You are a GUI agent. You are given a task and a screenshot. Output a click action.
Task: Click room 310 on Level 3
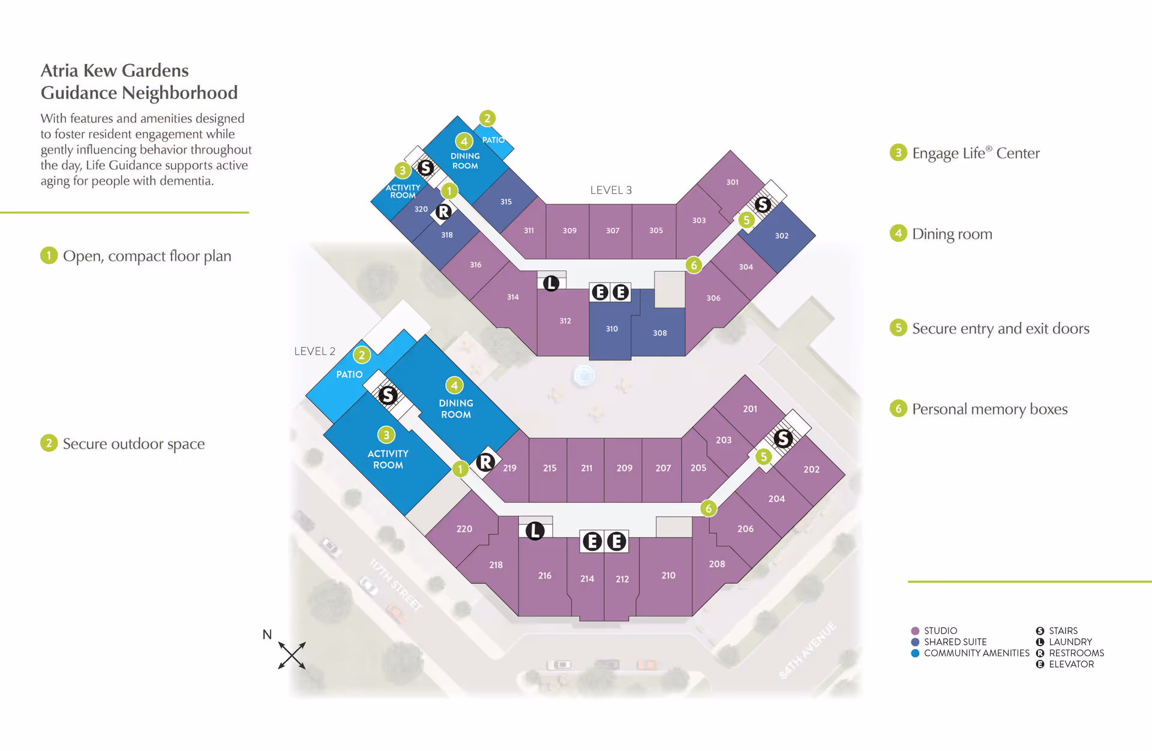611,329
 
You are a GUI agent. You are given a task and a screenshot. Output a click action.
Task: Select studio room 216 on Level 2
544,575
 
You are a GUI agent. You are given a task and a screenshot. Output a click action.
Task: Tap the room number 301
732,182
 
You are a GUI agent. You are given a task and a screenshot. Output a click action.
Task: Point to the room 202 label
811,469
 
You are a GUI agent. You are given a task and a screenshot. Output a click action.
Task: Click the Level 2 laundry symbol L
535,530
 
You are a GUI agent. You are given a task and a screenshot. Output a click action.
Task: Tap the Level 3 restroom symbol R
443,212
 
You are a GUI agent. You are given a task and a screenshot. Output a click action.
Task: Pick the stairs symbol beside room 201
782,438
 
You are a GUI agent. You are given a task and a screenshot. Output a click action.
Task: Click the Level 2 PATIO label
349,374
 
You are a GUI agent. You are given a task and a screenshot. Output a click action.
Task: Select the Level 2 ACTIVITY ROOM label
388,459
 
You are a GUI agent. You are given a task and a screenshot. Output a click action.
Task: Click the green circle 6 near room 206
709,509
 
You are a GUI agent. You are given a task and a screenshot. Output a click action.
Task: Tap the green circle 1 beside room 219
460,468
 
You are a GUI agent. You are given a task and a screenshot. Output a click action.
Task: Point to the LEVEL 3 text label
611,190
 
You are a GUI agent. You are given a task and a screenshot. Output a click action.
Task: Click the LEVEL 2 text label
314,351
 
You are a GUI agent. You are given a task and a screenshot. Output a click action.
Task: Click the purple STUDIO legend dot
915,631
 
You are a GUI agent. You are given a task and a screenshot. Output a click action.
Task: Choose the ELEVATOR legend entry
1071,664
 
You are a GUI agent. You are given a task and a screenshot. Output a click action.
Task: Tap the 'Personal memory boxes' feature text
989,409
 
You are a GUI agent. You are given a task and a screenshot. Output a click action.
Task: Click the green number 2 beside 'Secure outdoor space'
49,443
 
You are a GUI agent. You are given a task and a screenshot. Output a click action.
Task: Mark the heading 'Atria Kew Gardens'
115,71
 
